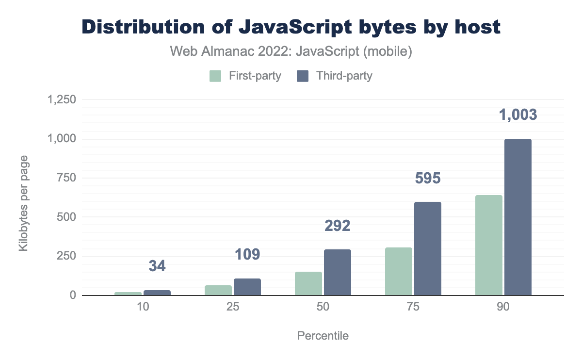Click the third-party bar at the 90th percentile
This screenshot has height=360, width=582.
518,217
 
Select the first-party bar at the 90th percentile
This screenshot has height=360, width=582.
489,245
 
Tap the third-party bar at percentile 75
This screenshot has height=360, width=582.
428,248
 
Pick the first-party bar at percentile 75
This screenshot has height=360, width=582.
399,271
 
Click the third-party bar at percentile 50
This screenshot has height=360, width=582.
338,272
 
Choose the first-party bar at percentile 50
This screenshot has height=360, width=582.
308,283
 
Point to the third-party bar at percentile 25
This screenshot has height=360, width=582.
247,287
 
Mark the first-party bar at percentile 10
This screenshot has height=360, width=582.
128,294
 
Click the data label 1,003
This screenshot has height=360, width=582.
518,115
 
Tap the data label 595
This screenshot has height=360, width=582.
428,179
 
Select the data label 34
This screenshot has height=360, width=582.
157,266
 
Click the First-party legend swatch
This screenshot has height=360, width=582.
215,76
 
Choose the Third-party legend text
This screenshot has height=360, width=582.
344,76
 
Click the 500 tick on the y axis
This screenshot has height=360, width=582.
66,217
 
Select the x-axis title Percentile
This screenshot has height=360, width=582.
323,336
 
